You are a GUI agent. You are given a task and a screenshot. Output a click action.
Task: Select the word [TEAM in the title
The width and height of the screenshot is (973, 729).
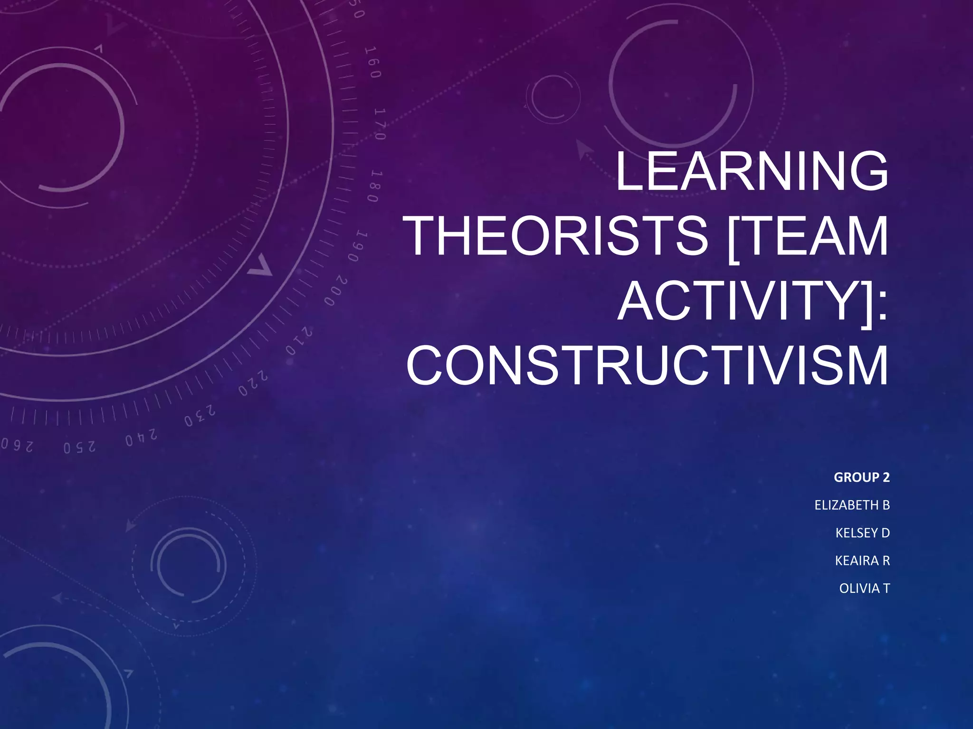(807, 236)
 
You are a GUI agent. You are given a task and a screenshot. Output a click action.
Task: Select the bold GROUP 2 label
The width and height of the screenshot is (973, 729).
(861, 477)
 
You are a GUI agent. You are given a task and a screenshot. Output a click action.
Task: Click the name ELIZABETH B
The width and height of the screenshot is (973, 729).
(852, 505)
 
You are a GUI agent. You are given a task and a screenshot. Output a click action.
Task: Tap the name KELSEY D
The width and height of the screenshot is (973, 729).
(862, 533)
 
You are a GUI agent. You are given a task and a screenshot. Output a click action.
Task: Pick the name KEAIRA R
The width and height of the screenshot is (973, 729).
(862, 561)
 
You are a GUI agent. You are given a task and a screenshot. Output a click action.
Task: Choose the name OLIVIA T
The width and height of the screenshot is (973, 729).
(864, 589)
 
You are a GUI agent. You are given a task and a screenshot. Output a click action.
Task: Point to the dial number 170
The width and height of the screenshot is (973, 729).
(380, 124)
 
